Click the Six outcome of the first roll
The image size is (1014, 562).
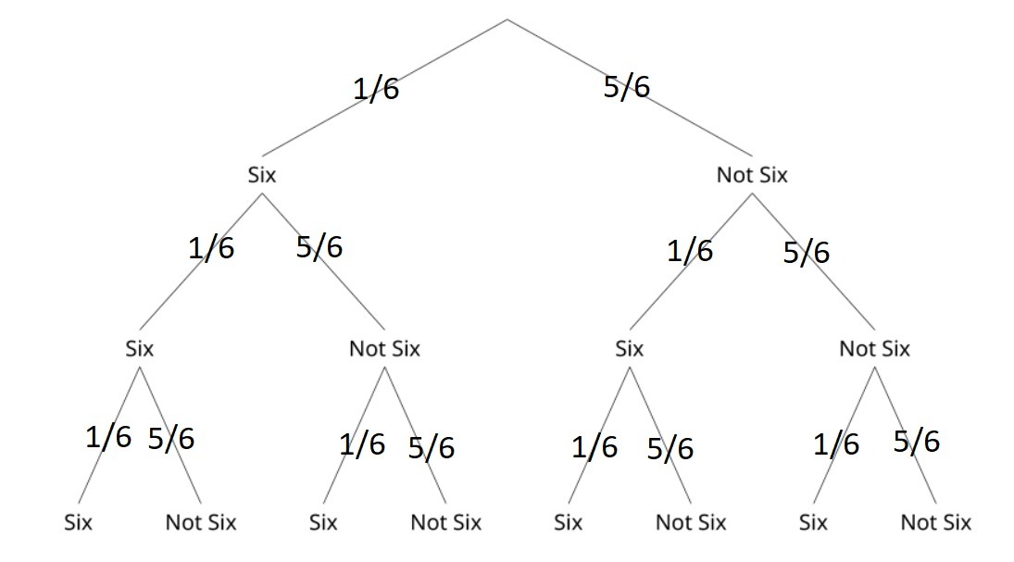point(262,175)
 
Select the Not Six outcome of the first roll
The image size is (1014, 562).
point(751,175)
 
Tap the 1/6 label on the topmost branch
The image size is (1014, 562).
point(376,90)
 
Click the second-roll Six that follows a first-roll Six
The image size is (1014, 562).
point(139,349)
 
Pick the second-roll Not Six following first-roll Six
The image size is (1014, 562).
point(384,349)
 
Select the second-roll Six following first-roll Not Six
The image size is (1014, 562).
point(629,349)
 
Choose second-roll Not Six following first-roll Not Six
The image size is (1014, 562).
point(874,349)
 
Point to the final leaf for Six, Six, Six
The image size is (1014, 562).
point(79,522)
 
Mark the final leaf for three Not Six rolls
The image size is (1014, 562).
point(935,522)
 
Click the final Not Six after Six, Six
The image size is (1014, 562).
point(201,522)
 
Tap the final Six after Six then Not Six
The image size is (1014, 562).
point(323,522)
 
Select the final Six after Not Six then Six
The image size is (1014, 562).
point(569,522)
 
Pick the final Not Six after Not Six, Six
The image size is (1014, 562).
point(691,522)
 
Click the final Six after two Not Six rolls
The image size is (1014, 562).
point(813,522)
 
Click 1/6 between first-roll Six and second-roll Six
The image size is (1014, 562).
point(211,248)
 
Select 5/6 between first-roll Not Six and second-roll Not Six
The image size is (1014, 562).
point(806,252)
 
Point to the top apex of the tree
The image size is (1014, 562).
point(507,19)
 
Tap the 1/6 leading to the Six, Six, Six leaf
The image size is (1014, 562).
point(108,436)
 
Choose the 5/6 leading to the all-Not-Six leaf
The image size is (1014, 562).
point(917,441)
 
